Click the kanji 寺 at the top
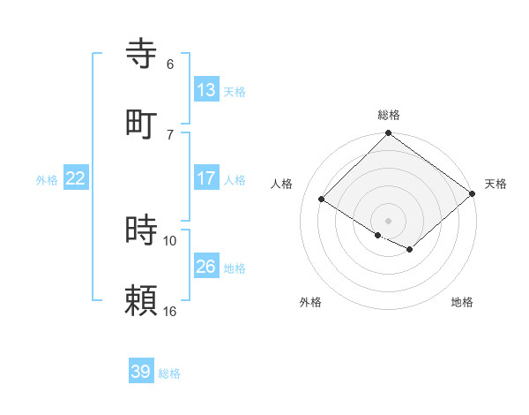point(142,53)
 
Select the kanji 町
point(142,124)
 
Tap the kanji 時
point(142,230)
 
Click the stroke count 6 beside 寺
point(170,64)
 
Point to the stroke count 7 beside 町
point(170,134)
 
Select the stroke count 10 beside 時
point(170,240)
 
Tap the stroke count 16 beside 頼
point(170,311)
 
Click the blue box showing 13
point(206,90)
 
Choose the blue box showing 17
point(206,178)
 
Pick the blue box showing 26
point(206,267)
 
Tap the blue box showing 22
point(76,178)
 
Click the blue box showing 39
point(141,372)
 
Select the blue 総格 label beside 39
point(169,373)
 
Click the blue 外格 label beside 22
point(47,180)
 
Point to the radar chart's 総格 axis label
point(389,115)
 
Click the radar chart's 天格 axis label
point(495,184)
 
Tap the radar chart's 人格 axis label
point(282,184)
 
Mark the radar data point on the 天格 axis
point(473,194)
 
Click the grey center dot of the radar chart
point(389,220)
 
